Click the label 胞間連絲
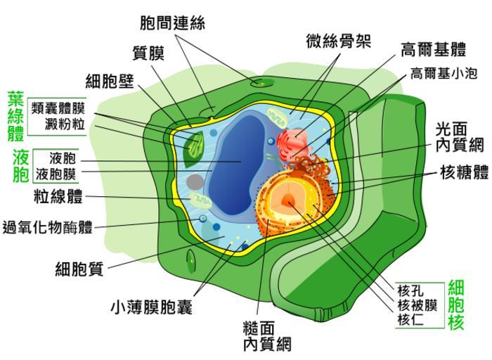click(x=172, y=22)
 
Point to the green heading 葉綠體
click(x=15, y=115)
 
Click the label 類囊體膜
click(x=58, y=108)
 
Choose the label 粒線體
click(x=58, y=195)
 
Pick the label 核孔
click(x=410, y=290)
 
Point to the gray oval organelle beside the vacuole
click(x=195, y=183)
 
